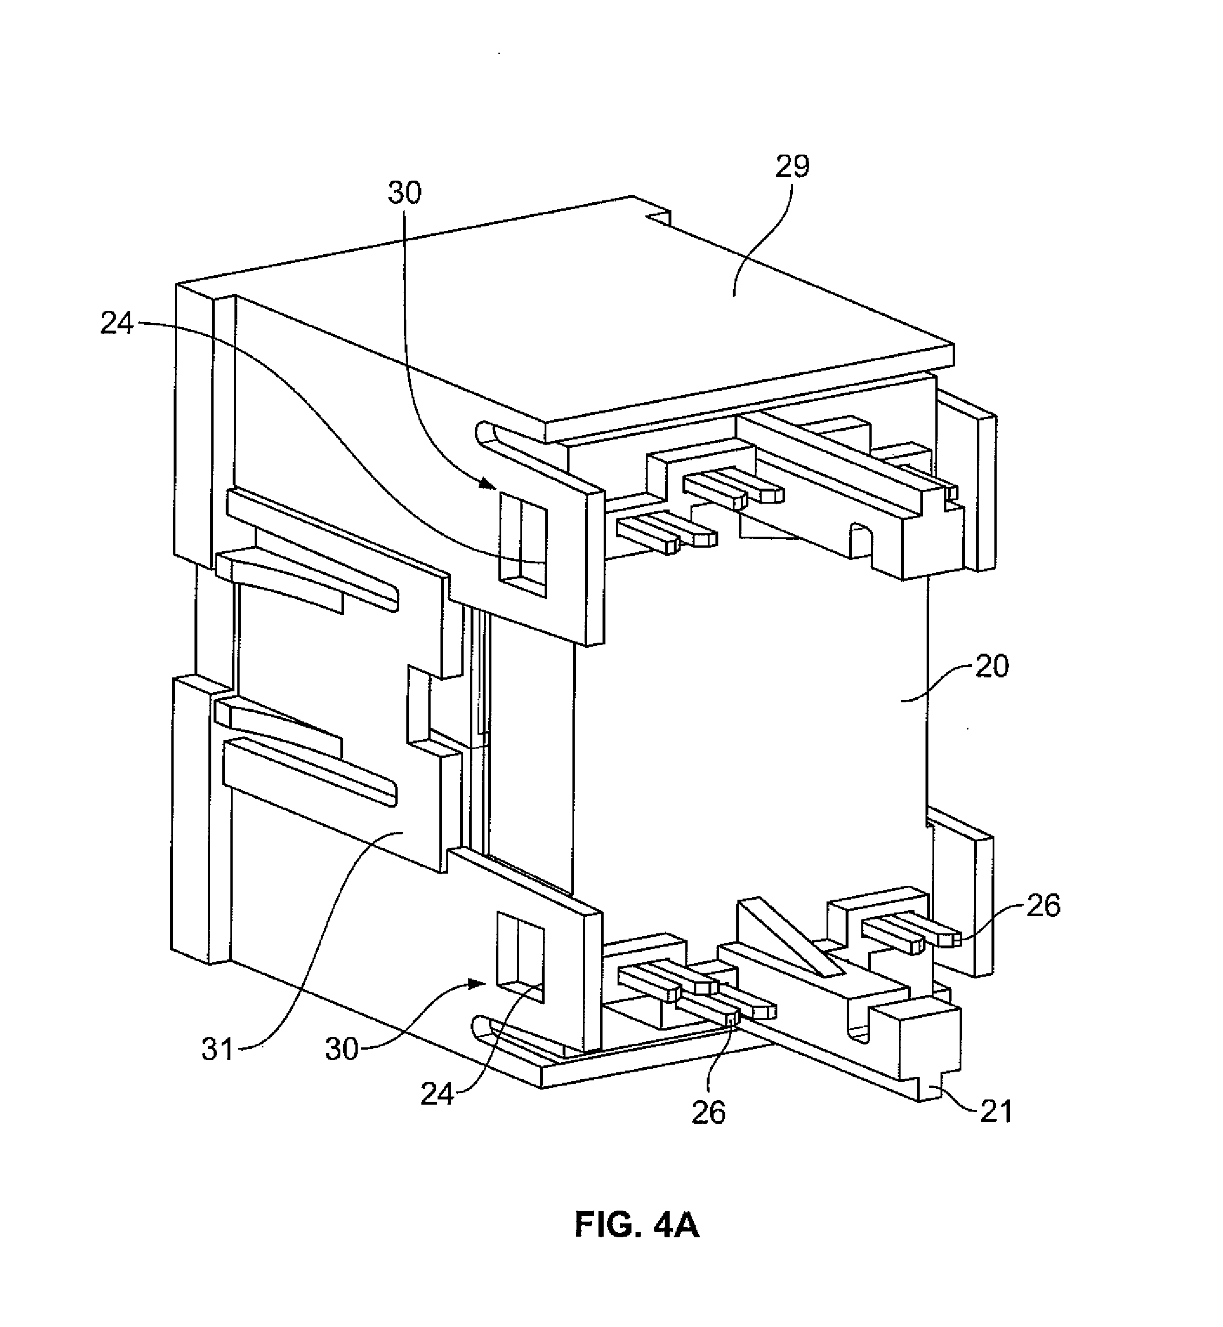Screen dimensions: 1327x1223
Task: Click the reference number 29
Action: [792, 167]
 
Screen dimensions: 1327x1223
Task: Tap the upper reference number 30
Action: [405, 193]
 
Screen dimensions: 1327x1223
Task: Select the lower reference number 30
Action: [341, 1049]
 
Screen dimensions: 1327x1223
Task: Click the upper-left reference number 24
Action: [117, 324]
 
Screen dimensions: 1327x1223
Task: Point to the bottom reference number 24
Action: [438, 1094]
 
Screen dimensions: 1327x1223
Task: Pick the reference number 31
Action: [218, 1050]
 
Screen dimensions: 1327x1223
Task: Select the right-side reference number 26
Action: [1043, 906]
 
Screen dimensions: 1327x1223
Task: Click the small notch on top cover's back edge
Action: [659, 218]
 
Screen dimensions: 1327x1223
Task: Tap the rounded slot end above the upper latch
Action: [484, 431]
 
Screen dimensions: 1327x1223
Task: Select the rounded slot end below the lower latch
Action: [481, 1028]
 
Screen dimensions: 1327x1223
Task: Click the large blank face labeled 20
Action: [748, 715]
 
